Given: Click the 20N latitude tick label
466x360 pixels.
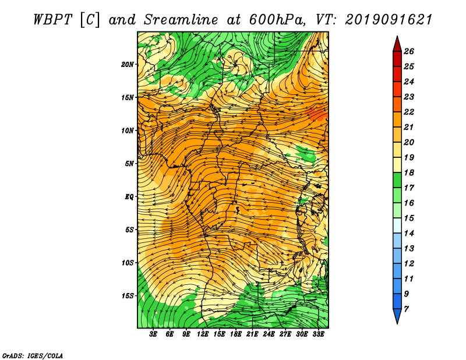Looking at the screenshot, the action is (128, 65).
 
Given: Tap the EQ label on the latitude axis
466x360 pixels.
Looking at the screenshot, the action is (129, 197).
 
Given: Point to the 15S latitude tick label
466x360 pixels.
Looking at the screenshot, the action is (128, 296).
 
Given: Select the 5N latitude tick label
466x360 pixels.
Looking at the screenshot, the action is (129, 164).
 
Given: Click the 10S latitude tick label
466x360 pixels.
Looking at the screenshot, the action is (128, 263).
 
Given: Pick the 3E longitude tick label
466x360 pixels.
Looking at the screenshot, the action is (153, 334).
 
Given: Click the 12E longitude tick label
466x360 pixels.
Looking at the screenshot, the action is (203, 334).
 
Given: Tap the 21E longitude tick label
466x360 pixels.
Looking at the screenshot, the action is (252, 334).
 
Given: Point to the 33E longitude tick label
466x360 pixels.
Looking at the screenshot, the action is (318, 334).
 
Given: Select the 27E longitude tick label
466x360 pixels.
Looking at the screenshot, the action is (285, 334).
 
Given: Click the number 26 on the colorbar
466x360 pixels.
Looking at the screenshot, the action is (409, 51).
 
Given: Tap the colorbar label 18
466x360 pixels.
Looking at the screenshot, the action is (409, 172).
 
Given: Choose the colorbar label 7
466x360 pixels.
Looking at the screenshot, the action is (406, 309).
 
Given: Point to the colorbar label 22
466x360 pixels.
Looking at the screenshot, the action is (409, 112).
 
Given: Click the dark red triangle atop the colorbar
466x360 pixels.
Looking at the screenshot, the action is (397, 44).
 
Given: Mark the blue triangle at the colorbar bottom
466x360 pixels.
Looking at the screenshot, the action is (397, 316).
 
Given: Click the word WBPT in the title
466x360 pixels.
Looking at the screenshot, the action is (52, 20).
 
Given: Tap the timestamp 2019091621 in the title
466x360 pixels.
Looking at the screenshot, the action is (388, 20).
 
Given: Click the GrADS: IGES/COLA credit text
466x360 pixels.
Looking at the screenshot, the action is (33, 355).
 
